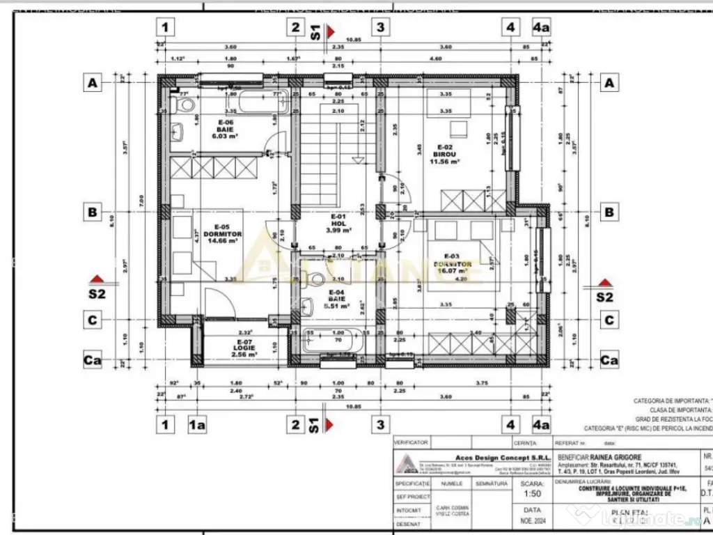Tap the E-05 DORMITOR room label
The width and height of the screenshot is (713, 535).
coord(223,235)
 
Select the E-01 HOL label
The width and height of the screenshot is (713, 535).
coord(338,223)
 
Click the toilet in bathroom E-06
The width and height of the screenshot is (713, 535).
coord(185,106)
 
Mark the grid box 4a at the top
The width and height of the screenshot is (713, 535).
coord(541,28)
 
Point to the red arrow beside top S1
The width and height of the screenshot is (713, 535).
coord(332,31)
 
